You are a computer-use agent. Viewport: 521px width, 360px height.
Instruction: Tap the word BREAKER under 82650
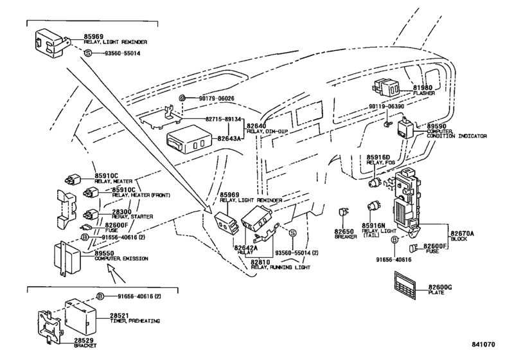click(345, 237)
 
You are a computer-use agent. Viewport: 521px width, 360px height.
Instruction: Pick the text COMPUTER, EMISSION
click(122, 259)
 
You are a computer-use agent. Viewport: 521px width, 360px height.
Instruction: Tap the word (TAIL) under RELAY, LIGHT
click(370, 237)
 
